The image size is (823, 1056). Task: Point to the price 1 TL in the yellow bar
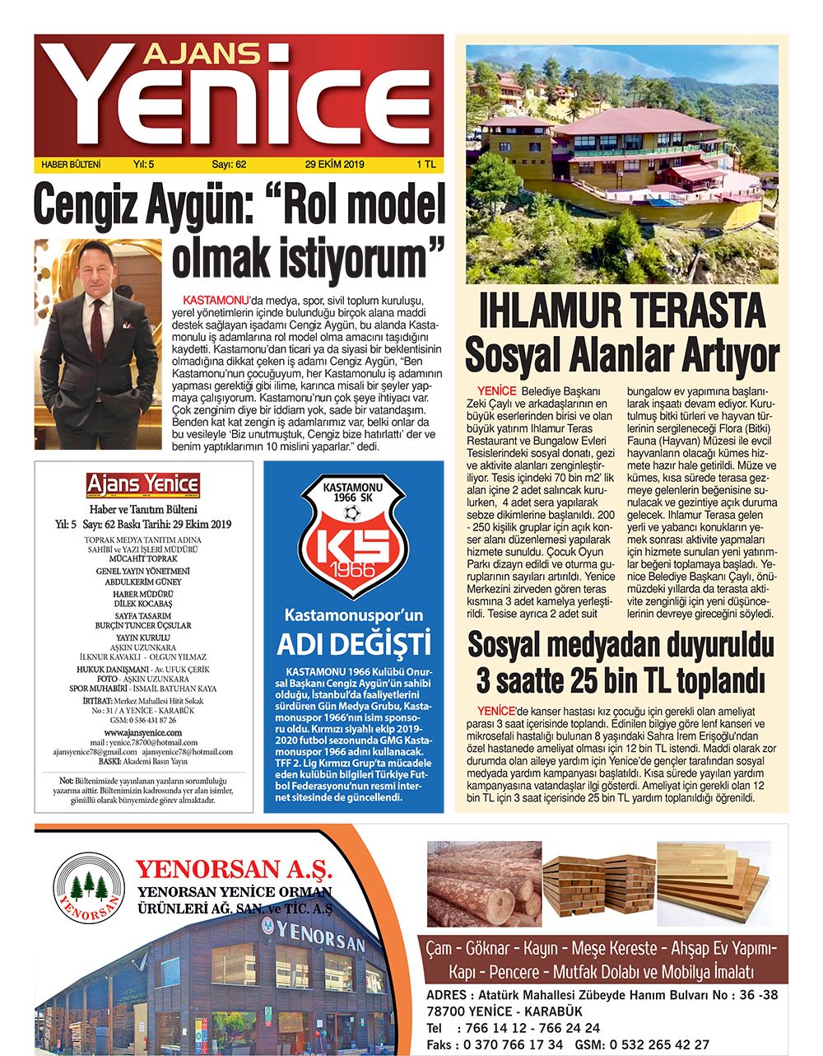point(426,164)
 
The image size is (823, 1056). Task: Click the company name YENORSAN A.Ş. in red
point(234,869)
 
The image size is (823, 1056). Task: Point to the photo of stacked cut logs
point(484,884)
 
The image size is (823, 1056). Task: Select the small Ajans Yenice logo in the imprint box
point(143,485)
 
